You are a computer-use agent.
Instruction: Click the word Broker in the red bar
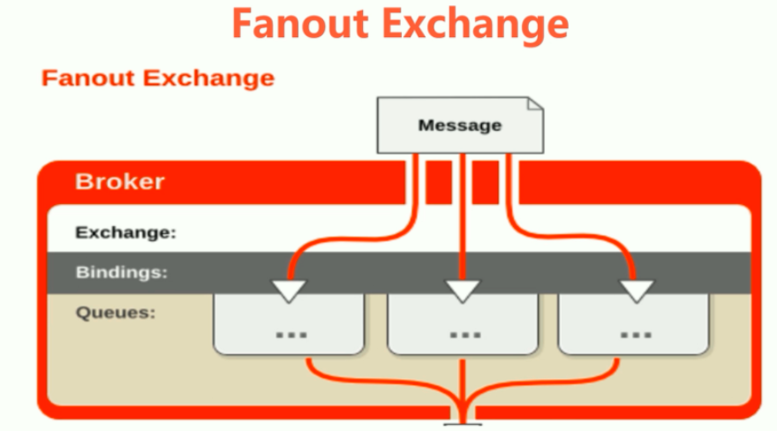(120, 183)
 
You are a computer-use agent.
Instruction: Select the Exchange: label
(126, 234)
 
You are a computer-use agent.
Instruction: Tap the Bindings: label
(122, 272)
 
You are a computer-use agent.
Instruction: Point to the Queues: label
(116, 312)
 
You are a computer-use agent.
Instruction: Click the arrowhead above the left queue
(289, 290)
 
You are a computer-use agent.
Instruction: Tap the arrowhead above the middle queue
(462, 290)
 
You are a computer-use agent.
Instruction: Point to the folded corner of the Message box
(534, 106)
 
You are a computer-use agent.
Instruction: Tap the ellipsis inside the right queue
(635, 336)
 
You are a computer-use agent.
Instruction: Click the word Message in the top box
(460, 125)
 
